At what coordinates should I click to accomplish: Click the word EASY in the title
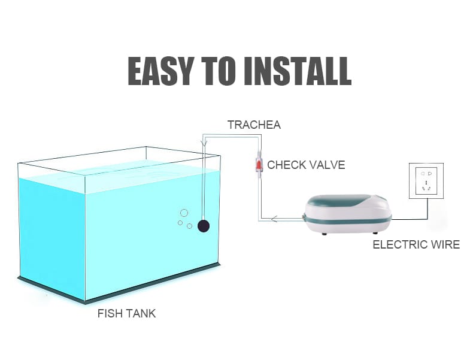160,71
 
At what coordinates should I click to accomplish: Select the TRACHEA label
254,125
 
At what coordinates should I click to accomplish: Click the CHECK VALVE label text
306,165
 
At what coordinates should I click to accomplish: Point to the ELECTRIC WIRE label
416,244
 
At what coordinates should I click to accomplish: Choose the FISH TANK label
127,313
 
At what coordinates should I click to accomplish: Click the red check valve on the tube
259,165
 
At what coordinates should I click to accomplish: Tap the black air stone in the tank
204,226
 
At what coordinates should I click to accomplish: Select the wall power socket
426,181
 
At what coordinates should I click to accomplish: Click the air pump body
348,214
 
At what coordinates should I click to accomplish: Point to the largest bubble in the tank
184,213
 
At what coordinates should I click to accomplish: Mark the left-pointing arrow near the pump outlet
274,219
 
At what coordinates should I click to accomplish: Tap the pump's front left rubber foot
325,233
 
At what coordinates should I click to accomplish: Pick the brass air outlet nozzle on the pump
302,216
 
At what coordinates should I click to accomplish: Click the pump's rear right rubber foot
375,232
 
